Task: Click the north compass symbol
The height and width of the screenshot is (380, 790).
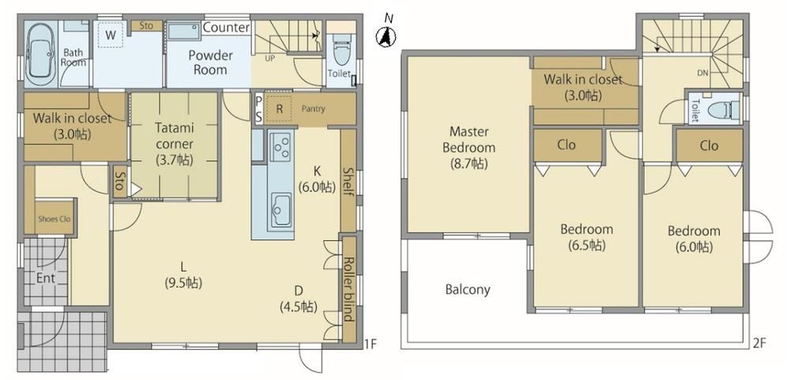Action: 386,37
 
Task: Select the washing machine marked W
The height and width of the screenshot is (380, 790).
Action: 111,35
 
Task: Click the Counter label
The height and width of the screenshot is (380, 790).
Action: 226,27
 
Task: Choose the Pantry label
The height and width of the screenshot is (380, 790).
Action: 314,109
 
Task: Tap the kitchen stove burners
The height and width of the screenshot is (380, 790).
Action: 280,145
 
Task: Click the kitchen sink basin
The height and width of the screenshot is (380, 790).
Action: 281,210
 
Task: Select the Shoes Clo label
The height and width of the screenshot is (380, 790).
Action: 55,220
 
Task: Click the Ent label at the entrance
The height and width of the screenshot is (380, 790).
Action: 45,278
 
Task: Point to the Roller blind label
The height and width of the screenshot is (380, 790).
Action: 348,289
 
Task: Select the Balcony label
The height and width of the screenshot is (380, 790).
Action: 468,290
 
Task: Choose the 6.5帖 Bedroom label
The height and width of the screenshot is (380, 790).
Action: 587,237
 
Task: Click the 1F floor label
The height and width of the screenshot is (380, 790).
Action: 370,344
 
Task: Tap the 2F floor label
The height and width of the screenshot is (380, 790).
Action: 759,344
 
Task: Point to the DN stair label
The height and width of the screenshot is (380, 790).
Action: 703,73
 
